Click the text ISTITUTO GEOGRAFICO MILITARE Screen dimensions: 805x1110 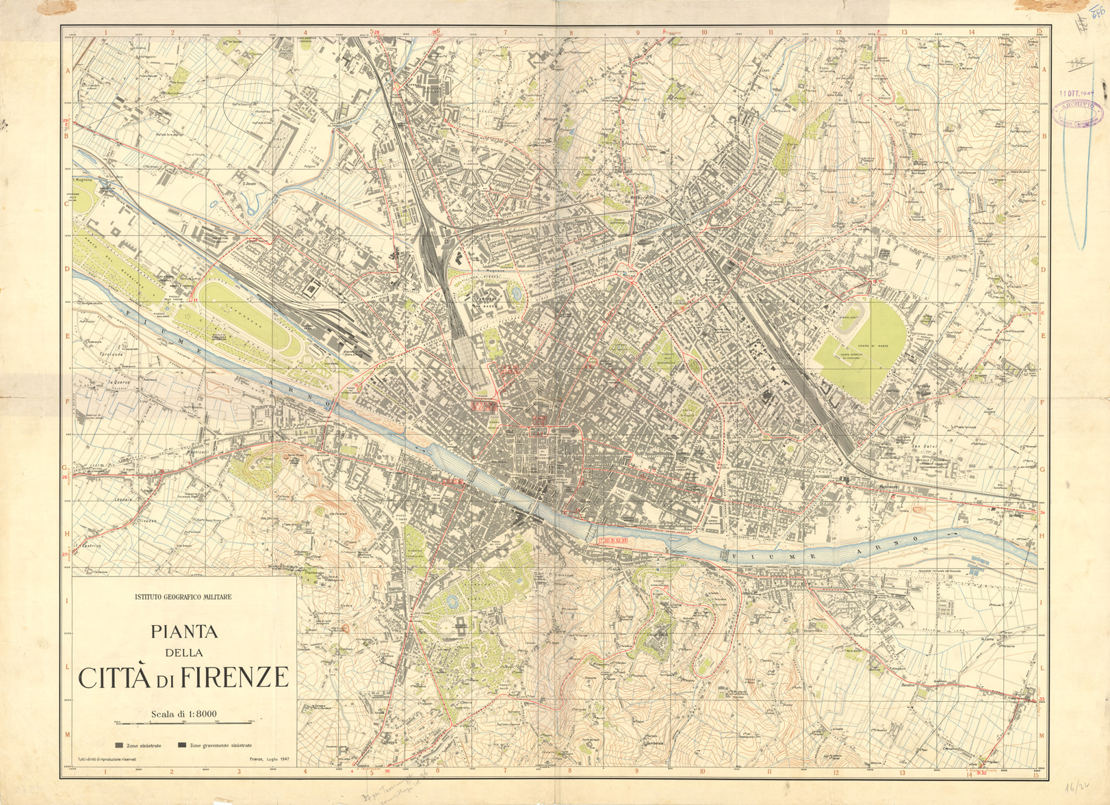(x=183, y=597)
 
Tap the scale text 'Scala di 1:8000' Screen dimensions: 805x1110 (x=183, y=714)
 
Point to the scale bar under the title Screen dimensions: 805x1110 (x=183, y=722)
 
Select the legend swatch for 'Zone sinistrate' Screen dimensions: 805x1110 (x=119, y=745)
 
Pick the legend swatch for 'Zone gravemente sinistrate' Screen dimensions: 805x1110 (x=182, y=745)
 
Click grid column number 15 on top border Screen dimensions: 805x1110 (x=1038, y=31)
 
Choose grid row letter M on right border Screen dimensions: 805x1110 (x=1043, y=735)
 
